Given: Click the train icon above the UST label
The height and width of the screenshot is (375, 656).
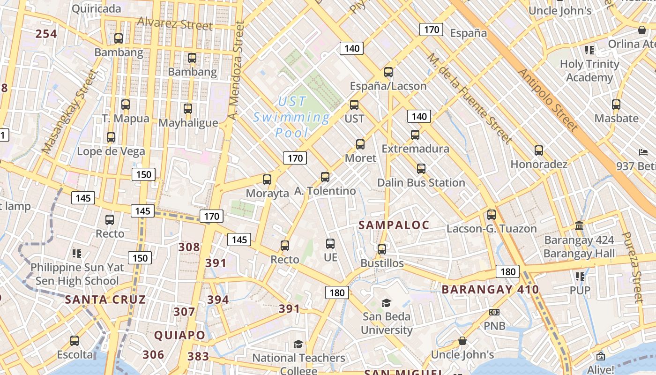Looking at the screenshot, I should [354, 105].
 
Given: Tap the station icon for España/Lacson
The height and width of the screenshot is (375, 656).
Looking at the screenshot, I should [388, 72].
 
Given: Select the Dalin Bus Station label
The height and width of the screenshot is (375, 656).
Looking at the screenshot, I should [421, 182].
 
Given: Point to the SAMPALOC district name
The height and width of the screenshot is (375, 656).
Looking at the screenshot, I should [394, 225].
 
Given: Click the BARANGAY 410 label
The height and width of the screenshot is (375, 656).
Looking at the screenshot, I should [490, 289].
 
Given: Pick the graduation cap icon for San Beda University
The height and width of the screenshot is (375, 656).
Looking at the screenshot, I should [386, 303].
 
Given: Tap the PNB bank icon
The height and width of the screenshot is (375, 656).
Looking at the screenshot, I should [494, 312].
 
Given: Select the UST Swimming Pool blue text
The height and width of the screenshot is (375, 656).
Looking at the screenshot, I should [291, 117].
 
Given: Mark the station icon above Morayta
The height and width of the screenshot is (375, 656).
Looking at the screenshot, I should [267, 179].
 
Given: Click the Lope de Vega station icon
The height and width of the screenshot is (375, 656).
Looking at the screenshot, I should [111, 137].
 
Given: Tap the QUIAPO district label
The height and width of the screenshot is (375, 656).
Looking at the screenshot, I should [179, 335].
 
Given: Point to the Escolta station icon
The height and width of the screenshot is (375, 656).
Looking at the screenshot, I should [75, 341].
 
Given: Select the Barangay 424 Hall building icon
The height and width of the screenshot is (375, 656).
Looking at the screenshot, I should [579, 226].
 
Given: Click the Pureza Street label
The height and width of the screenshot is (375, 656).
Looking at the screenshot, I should [632, 267].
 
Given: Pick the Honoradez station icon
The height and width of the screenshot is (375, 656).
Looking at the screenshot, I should [539, 150].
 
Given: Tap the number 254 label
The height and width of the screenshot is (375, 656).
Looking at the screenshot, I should [46, 34].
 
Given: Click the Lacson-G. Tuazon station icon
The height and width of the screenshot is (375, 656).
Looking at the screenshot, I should [492, 215].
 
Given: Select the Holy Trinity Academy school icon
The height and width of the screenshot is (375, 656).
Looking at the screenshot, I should [589, 50].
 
